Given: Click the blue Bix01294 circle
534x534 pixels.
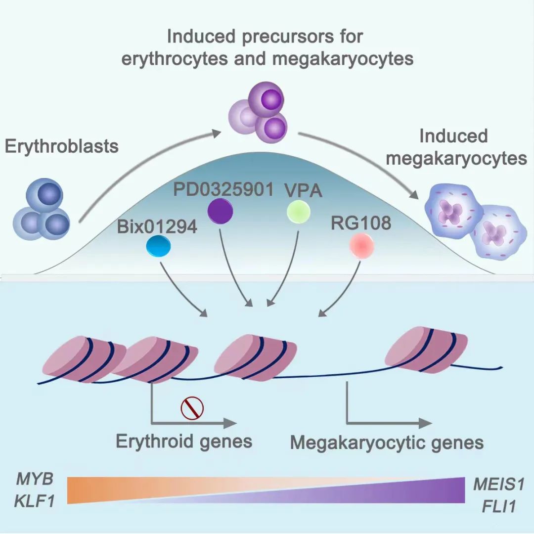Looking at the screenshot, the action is click(x=158, y=247).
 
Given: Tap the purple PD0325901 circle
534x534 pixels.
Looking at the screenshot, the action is click(x=221, y=211).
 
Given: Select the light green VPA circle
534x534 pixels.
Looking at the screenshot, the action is click(x=298, y=212).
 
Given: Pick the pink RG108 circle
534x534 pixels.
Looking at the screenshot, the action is click(x=362, y=246).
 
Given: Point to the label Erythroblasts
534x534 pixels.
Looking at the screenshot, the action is click(x=62, y=146).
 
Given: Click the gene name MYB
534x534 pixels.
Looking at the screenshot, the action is click(x=35, y=479).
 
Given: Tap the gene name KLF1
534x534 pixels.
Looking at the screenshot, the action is click(x=35, y=501).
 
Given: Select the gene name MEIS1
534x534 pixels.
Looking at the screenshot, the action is click(x=498, y=484).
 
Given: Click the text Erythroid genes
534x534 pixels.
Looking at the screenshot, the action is click(x=184, y=441).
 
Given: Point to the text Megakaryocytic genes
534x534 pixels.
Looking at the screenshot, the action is click(x=387, y=443).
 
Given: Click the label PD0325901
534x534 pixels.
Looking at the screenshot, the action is click(x=223, y=189).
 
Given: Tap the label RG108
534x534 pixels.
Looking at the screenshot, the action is click(x=361, y=223).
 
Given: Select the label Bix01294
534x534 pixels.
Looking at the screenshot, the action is click(x=157, y=226).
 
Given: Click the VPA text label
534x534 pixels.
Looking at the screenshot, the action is click(x=303, y=190).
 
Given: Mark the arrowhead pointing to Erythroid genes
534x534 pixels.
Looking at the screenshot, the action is click(x=230, y=423).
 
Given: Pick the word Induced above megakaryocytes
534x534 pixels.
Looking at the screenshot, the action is click(x=453, y=136).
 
